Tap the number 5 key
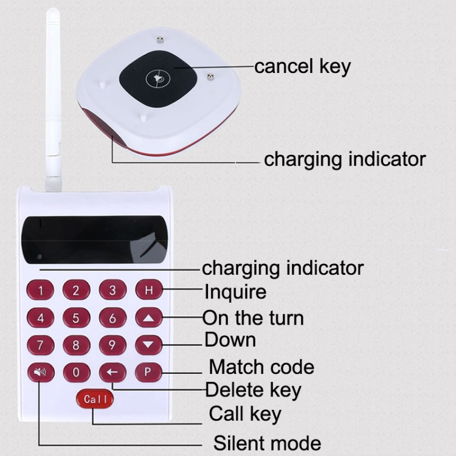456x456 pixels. [x=76, y=317]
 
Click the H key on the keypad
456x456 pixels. [x=149, y=290]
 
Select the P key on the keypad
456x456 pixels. [x=148, y=371]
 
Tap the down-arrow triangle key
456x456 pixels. [x=149, y=345]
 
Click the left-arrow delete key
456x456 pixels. [x=112, y=372]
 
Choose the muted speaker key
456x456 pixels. [x=41, y=372]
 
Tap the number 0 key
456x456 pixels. [x=76, y=372]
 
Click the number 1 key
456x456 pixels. [x=41, y=291]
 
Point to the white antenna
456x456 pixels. [x=53, y=97]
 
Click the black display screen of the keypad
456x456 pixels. [x=94, y=239]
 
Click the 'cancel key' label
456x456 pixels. [x=302, y=66]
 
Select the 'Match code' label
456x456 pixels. [x=261, y=367]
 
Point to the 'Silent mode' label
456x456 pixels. [x=266, y=442]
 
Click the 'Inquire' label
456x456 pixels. [x=235, y=292]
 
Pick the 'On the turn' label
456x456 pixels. [x=253, y=318]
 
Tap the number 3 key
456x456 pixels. [x=112, y=290]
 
